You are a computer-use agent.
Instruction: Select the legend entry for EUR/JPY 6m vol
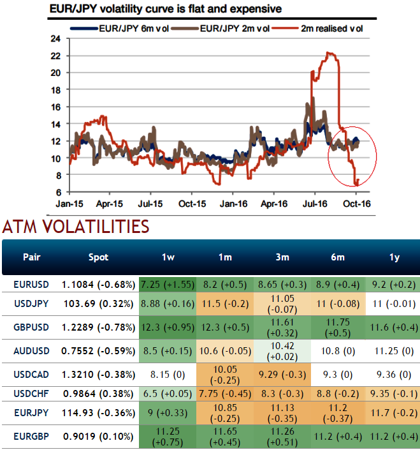coord(127,29)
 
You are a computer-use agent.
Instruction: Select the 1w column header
coord(168,257)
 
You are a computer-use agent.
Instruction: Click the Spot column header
coord(98,257)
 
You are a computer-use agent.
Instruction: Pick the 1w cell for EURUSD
coord(168,282)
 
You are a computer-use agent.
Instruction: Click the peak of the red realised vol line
coord(328,52)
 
